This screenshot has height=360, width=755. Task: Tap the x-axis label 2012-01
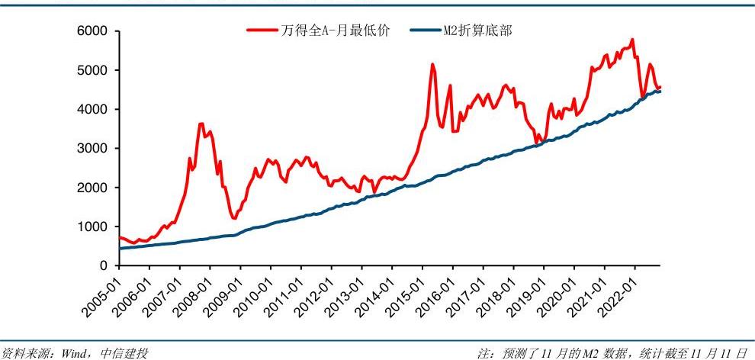316,293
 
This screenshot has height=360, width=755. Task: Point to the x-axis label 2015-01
406,293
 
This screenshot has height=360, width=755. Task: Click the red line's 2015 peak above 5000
432,64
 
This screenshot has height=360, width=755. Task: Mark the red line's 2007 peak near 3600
201,124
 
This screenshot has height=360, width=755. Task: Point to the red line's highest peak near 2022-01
632,40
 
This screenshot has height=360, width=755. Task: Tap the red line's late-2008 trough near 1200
234,218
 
